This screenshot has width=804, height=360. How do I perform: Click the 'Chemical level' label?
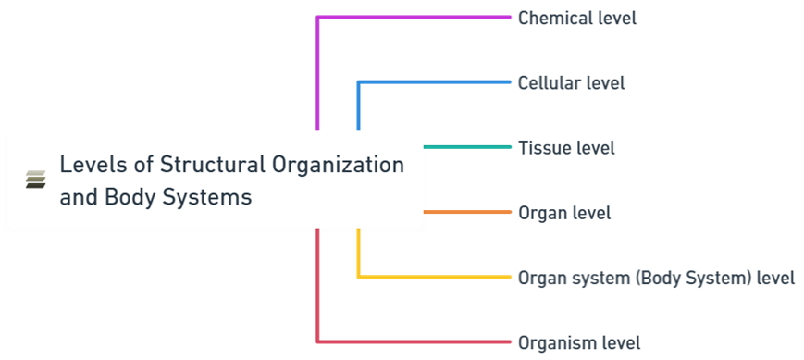(577, 18)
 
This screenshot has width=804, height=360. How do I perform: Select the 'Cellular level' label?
(571, 82)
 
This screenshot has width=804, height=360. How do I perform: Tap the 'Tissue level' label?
(566, 147)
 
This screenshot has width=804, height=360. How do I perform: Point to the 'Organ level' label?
(564, 213)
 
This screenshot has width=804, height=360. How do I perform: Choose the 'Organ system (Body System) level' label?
(656, 278)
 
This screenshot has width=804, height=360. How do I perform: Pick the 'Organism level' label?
(579, 343)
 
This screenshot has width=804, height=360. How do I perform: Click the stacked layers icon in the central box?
(36, 180)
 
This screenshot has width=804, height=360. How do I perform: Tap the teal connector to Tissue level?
(467, 147)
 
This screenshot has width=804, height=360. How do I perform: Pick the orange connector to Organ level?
(467, 212)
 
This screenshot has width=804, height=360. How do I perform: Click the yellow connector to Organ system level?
(435, 277)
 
